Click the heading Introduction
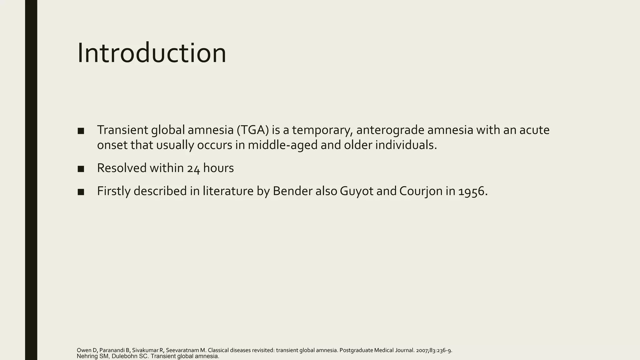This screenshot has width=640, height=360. [151, 53]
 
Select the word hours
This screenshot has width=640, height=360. [218, 168]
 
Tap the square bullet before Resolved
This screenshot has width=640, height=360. [81, 169]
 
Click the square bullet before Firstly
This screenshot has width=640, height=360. [81, 192]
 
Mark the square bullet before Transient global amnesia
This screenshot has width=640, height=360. [81, 131]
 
